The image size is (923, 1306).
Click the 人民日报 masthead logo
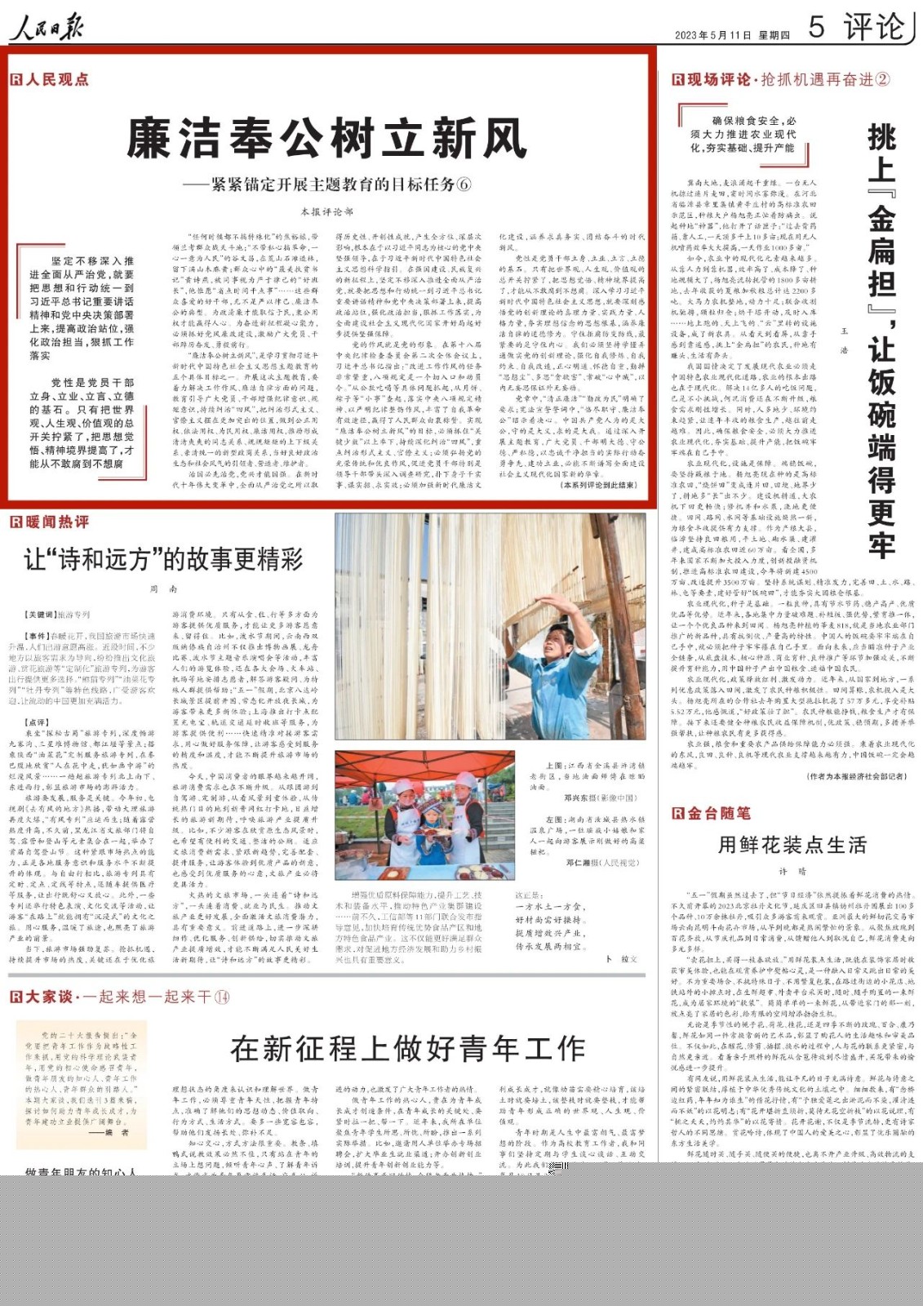point(47,28)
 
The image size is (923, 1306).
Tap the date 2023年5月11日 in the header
point(712,35)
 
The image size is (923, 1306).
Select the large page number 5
point(816,27)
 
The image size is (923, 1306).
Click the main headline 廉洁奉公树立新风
point(326,138)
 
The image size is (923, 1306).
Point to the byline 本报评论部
point(326,211)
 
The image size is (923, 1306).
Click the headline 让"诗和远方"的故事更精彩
point(163,559)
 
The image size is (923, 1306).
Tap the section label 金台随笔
point(718,813)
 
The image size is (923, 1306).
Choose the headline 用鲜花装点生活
point(792,845)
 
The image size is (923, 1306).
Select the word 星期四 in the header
point(774,35)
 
